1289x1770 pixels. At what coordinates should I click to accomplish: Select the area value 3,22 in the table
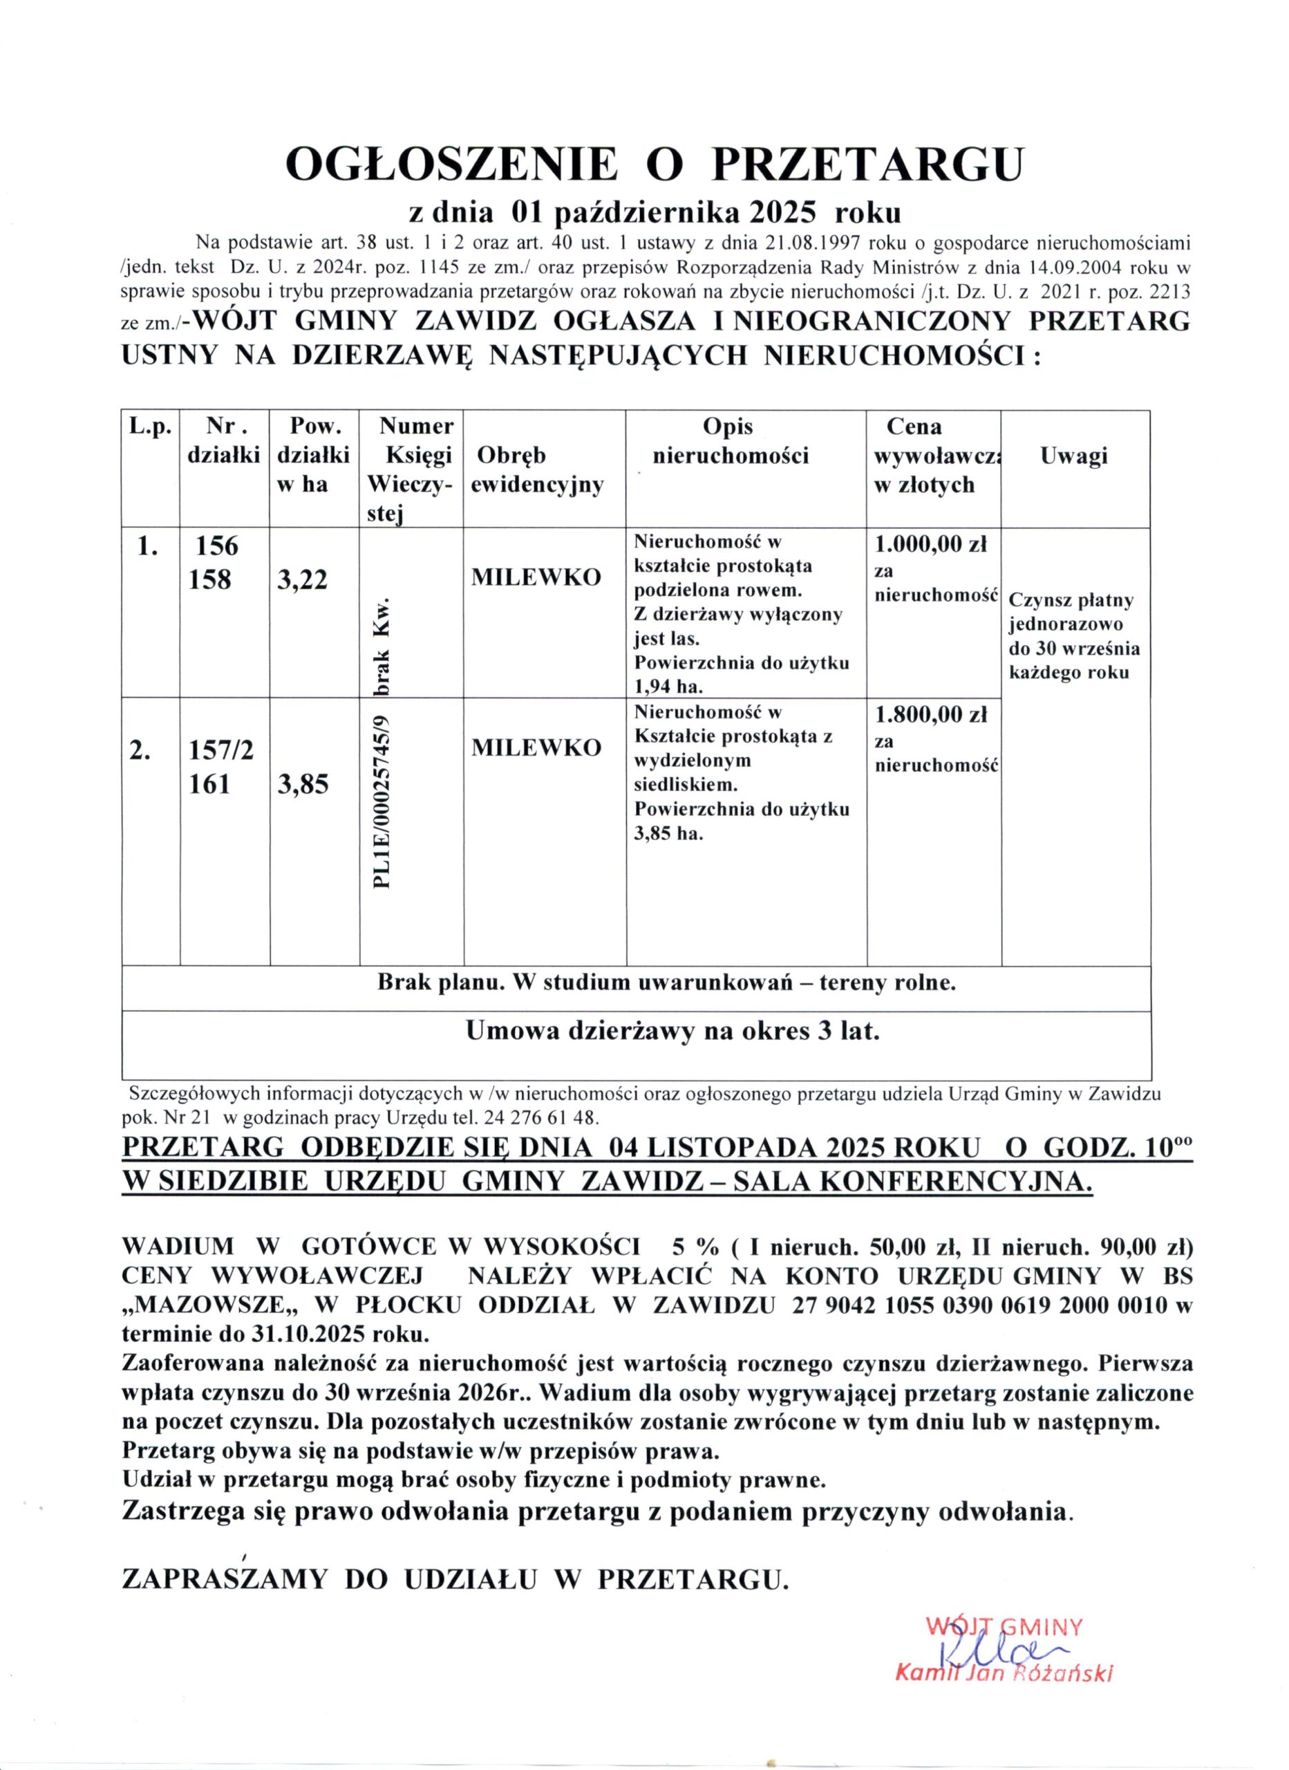click(x=303, y=579)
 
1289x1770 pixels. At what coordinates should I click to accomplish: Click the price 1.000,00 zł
click(x=930, y=545)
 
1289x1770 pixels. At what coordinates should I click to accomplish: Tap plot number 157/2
click(x=220, y=750)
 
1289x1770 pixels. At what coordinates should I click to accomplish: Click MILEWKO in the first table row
click(x=536, y=577)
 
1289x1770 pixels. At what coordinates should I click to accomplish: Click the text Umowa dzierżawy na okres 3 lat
click(x=672, y=1031)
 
